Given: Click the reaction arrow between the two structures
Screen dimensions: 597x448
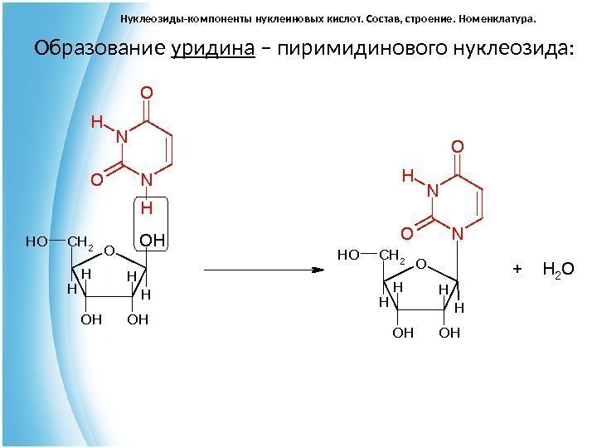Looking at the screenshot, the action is tap(262, 270).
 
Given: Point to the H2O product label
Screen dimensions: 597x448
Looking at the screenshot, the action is tap(558, 270).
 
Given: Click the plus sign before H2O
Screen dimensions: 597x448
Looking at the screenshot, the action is tap(517, 270).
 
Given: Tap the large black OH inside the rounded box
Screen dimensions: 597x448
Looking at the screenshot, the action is tap(153, 241).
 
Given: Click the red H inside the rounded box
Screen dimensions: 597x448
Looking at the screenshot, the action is tap(147, 205).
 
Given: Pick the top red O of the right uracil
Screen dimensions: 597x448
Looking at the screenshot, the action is tap(457, 147).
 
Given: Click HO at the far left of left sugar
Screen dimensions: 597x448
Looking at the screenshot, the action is tap(36, 242).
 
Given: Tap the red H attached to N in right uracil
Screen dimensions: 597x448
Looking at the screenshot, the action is tap(407, 176).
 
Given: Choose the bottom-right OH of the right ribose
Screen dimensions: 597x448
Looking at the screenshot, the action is tap(449, 334).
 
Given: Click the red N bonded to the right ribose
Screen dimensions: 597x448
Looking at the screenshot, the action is tap(457, 235).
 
